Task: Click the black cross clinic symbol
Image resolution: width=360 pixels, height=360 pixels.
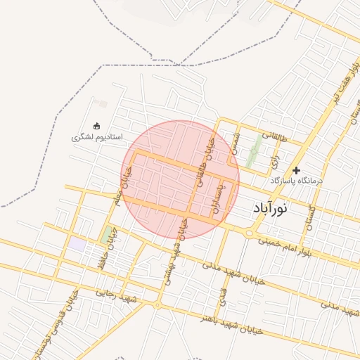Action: [297, 170]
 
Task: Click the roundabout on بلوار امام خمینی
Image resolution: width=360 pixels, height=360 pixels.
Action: [249, 233]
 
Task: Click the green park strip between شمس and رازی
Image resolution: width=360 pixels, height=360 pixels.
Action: [253, 151]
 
